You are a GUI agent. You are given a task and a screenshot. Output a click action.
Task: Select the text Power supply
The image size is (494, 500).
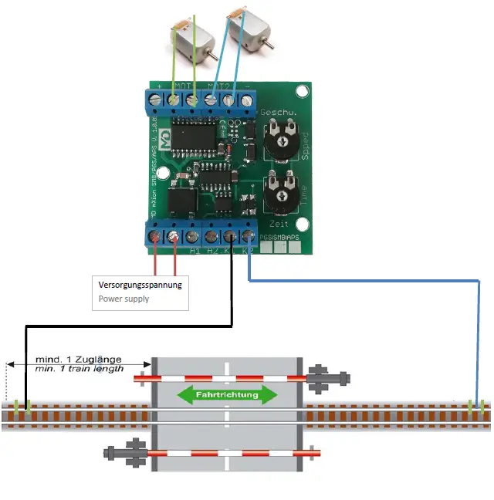(x=124, y=299)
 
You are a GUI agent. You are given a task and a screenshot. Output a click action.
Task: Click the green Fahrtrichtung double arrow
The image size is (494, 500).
(x=227, y=396)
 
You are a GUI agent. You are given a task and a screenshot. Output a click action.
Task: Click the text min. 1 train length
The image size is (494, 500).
(x=80, y=369)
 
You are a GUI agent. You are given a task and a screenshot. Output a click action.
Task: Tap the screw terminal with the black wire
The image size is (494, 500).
(x=231, y=237)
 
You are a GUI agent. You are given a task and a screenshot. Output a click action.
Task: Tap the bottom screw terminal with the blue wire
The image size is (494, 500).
(x=248, y=237)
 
